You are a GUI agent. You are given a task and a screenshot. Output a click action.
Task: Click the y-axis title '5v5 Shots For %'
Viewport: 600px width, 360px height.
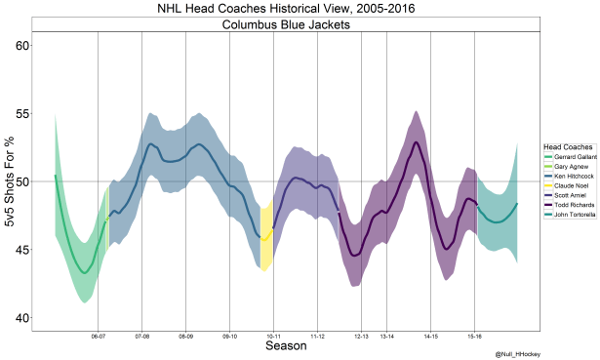click(x=8, y=182)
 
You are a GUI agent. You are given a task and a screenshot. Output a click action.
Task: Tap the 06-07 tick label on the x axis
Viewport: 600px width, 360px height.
click(x=98, y=337)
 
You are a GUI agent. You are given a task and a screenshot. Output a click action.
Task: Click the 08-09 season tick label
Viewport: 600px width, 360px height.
click(x=185, y=337)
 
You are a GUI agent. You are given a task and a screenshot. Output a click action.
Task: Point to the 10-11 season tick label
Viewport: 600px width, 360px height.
click(x=273, y=337)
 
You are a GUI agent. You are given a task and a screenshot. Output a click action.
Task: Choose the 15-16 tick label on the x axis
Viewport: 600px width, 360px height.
click(x=474, y=337)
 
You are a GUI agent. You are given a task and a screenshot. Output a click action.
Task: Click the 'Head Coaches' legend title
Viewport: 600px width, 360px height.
click(x=563, y=146)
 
